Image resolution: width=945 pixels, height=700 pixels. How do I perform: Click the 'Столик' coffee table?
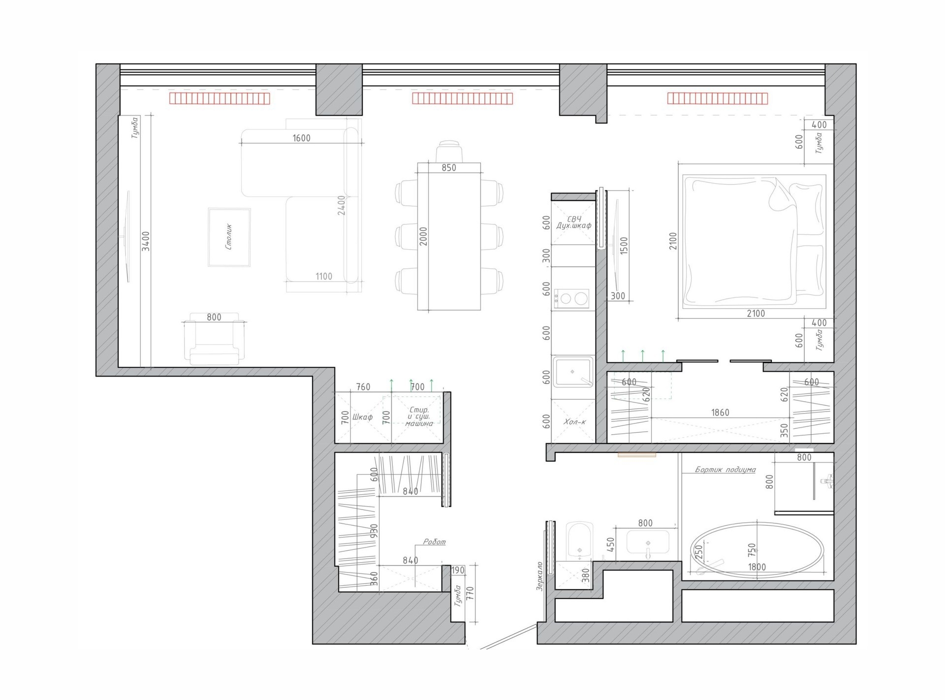point(229,237)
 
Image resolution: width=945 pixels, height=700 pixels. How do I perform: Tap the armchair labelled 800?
point(214,340)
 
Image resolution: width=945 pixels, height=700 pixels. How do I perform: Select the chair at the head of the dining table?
point(448,151)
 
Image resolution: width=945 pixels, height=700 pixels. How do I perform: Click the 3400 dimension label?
point(146,241)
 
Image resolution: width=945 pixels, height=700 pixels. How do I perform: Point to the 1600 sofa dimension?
point(301,138)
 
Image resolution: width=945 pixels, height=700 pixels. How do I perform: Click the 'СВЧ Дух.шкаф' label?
point(574,223)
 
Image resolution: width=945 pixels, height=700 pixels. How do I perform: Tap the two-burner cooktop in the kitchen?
point(572,298)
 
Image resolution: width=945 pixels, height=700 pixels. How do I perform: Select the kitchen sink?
point(573,373)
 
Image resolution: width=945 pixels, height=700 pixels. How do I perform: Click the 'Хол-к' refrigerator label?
point(574,422)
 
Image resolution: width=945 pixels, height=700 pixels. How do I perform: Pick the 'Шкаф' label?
point(363,417)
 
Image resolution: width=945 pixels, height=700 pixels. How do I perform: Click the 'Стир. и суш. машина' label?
point(419,416)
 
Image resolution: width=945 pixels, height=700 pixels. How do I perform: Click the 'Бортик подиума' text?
point(725,470)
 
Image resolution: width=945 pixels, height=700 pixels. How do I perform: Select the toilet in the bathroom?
point(581,541)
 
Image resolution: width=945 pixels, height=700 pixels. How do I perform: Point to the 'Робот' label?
point(435,541)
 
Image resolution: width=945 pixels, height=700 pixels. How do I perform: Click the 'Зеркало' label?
point(539,576)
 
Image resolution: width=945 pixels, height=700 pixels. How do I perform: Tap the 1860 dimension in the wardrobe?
point(720,413)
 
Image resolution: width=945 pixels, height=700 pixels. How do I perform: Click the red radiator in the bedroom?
point(718,98)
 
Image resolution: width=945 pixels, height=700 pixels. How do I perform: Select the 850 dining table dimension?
point(449,167)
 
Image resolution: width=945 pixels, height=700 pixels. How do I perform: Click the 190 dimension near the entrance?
point(458,570)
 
